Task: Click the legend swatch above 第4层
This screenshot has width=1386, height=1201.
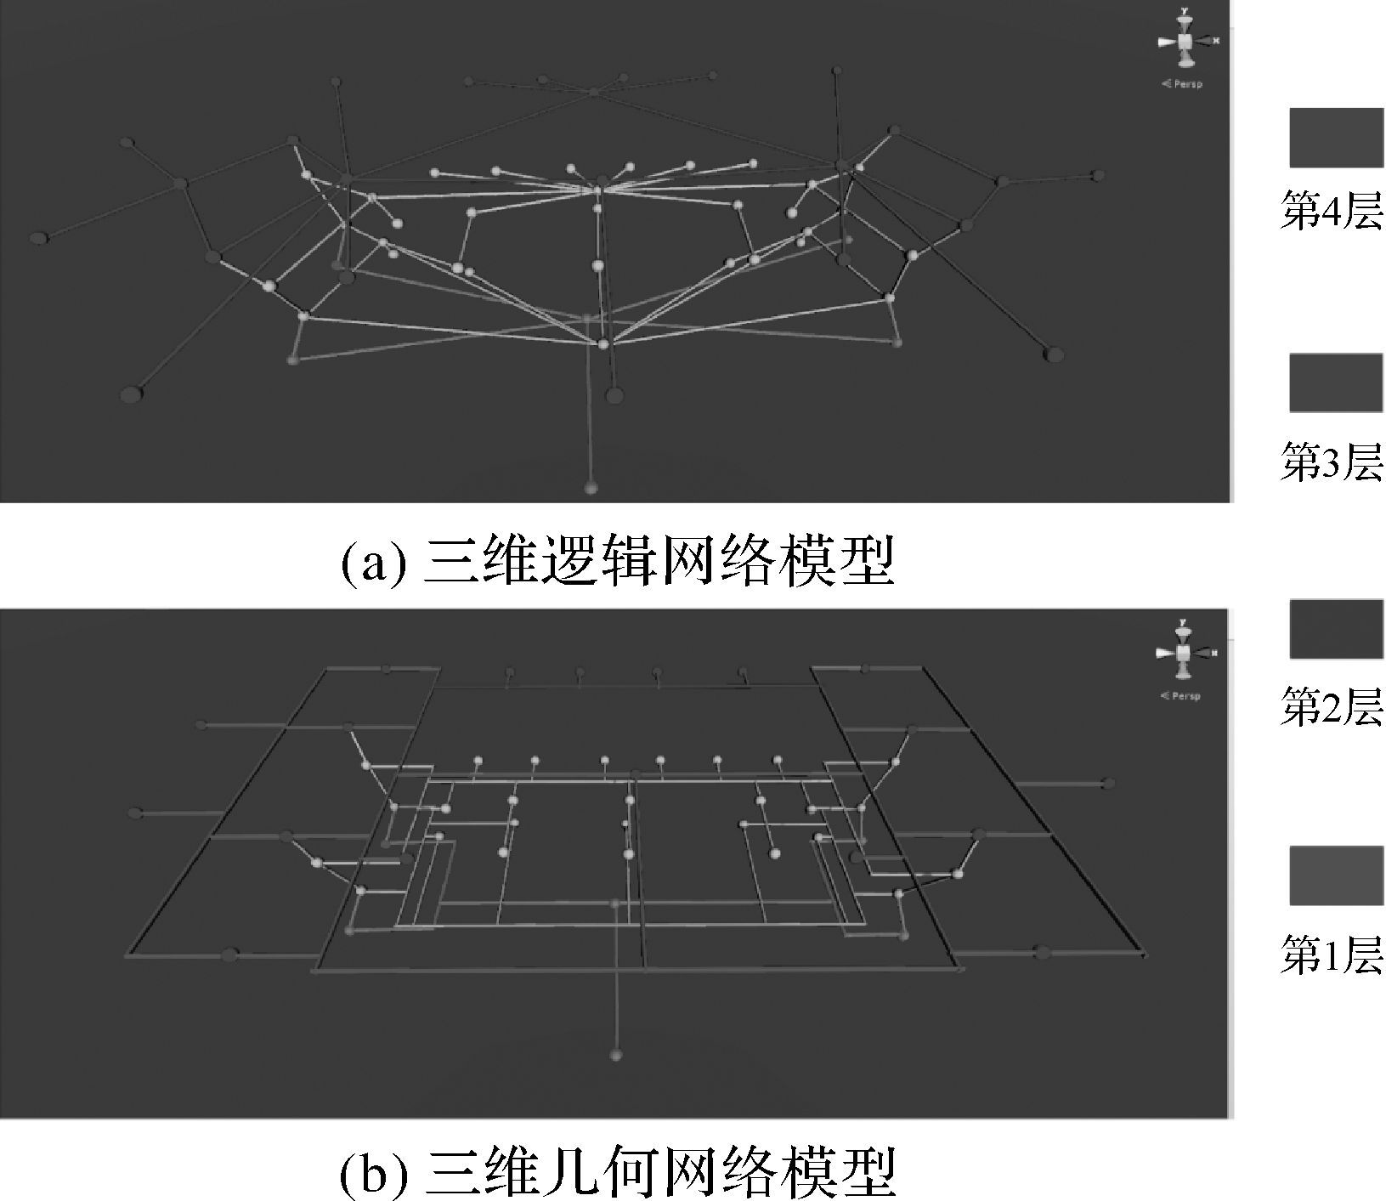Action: click(x=1335, y=138)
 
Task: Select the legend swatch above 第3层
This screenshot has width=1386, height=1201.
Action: click(x=1335, y=382)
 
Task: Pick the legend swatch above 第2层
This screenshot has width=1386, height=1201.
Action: click(x=1335, y=629)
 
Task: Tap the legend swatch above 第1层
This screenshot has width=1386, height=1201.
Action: click(x=1335, y=875)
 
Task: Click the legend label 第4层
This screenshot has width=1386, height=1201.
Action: click(x=1332, y=210)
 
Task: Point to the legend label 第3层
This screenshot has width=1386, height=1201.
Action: click(x=1332, y=462)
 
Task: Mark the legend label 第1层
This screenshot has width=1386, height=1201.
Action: click(x=1332, y=955)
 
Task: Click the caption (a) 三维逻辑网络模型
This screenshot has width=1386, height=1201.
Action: click(x=618, y=561)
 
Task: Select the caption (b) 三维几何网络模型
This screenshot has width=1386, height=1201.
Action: click(x=618, y=1172)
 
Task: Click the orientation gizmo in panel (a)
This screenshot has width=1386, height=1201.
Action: click(x=1185, y=40)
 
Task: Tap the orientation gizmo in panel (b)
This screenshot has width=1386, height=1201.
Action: click(x=1184, y=652)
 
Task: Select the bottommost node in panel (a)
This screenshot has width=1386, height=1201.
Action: click(x=591, y=488)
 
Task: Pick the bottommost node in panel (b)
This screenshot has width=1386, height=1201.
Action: click(x=616, y=1055)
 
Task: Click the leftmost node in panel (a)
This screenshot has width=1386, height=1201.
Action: click(x=38, y=238)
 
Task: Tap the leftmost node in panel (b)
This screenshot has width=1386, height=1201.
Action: click(x=133, y=813)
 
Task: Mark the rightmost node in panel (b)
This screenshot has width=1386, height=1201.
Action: click(x=1107, y=783)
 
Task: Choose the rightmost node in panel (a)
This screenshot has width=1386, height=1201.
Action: click(x=1099, y=175)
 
